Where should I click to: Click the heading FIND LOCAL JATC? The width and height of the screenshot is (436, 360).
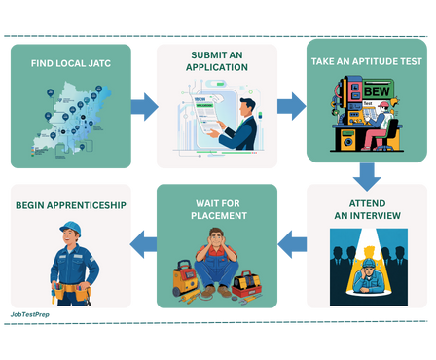click(68, 64)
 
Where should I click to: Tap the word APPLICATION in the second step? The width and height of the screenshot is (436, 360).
click(218, 68)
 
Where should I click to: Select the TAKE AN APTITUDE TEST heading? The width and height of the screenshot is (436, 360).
click(366, 61)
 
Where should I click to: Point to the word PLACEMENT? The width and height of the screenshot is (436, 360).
click(218, 215)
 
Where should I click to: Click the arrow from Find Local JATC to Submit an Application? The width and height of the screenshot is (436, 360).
click(144, 106)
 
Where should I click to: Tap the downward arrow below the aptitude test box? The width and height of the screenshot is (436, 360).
click(366, 176)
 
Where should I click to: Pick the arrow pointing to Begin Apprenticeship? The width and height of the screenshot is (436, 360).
click(144, 244)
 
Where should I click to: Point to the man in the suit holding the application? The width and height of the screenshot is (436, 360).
click(239, 123)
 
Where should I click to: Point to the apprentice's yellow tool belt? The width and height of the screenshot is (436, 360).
click(71, 290)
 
